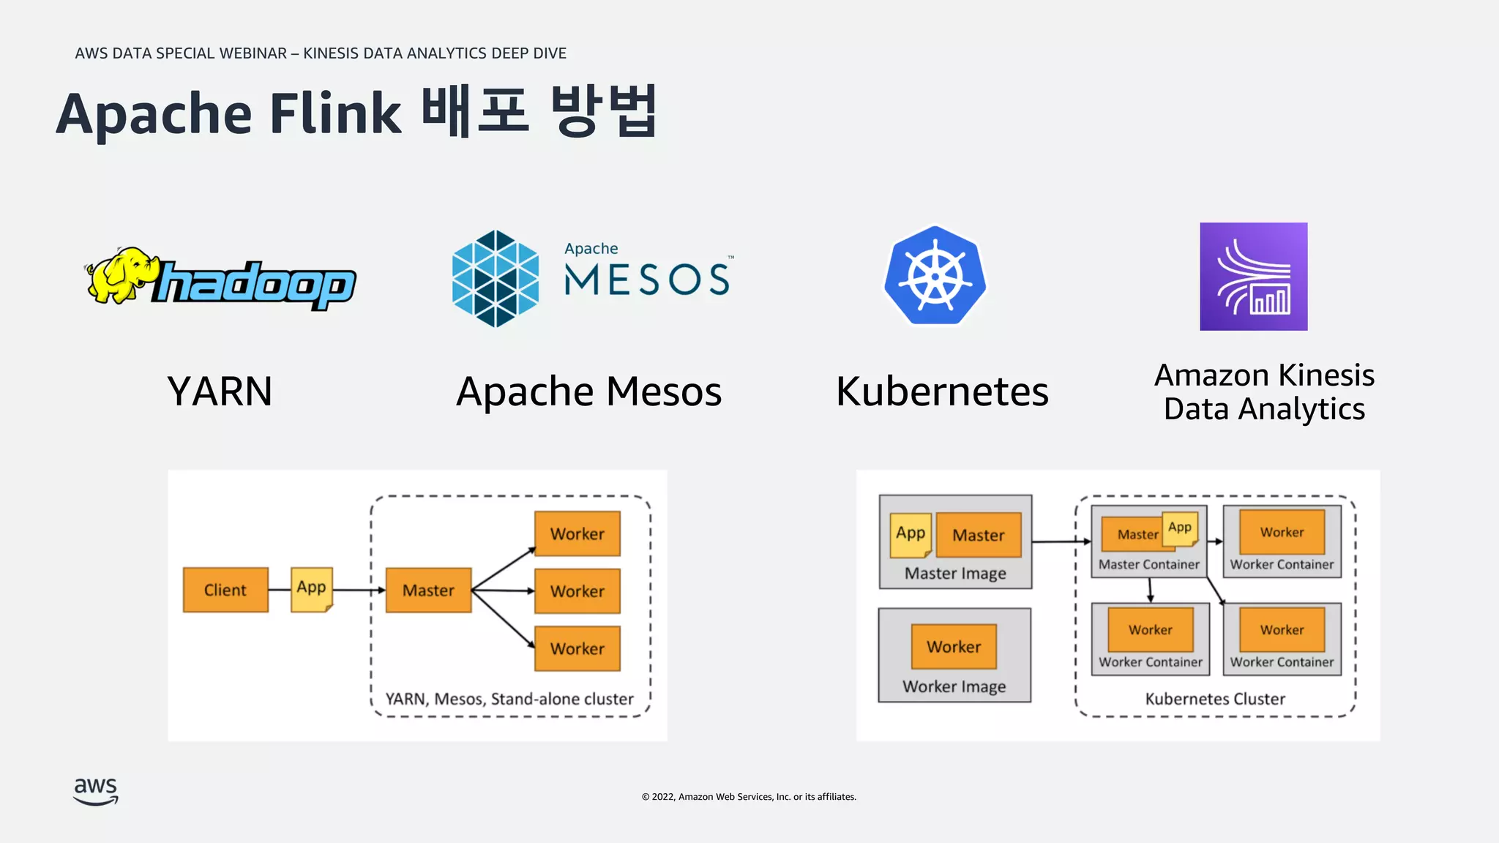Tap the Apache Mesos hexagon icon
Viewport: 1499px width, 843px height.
point(496,279)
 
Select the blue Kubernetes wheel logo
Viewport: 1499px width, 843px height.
point(935,276)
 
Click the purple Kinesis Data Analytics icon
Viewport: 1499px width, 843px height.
point(1253,277)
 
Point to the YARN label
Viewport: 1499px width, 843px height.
point(220,391)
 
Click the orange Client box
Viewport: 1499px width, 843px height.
point(225,590)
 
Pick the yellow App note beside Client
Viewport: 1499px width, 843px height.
point(312,588)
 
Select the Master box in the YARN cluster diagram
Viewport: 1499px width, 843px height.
point(428,590)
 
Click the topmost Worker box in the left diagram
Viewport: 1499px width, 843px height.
point(577,533)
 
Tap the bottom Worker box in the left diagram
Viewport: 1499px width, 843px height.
point(577,648)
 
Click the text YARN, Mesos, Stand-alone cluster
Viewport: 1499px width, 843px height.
point(509,699)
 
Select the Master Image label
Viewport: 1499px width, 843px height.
point(955,574)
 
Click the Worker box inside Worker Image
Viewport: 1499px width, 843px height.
point(954,646)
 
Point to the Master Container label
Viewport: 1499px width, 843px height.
point(1148,564)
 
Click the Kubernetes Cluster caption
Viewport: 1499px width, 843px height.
point(1215,699)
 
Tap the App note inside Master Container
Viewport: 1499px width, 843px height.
point(1180,528)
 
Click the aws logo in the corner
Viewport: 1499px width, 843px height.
point(96,791)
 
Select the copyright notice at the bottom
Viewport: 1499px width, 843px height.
point(749,797)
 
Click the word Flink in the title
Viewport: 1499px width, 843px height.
point(335,115)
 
